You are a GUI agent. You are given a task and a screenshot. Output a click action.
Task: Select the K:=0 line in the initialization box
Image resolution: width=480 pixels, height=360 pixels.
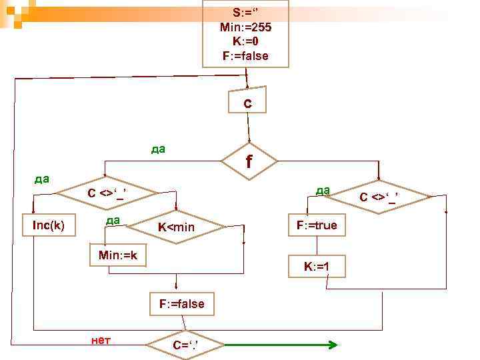point(245,41)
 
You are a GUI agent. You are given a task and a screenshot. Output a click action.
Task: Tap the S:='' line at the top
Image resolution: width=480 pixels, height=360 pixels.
point(245,13)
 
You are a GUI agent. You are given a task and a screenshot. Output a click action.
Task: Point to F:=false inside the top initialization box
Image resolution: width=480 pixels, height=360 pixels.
point(245,55)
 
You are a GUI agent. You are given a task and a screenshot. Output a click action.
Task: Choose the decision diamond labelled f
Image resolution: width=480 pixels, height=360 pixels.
point(249,161)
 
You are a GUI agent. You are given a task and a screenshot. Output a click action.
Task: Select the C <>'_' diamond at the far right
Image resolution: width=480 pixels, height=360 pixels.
point(378,197)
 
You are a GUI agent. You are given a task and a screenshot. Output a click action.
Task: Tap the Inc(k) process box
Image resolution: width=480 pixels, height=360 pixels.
point(49,225)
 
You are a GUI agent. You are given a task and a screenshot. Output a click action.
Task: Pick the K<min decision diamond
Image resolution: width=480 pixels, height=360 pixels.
point(176,228)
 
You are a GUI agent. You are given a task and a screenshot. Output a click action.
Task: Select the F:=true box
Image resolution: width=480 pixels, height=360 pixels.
point(317,225)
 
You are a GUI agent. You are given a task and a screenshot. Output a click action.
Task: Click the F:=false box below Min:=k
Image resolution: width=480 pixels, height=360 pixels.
point(181,304)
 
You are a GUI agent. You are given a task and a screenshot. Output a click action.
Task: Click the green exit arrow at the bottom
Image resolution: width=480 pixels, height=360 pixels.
point(280,345)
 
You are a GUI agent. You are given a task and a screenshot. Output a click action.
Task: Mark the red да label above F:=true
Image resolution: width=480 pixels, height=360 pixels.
point(323,190)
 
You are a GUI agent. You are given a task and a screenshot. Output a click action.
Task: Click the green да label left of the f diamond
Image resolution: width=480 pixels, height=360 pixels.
point(159,149)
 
